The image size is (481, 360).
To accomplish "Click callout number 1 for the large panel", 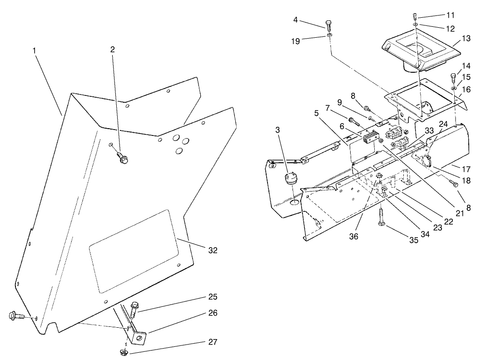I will [x=34, y=50].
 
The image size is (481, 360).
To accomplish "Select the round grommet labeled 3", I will [x=290, y=178].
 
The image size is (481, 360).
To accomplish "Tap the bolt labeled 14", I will [x=453, y=76].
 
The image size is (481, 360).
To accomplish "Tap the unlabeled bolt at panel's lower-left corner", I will [x=14, y=315].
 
